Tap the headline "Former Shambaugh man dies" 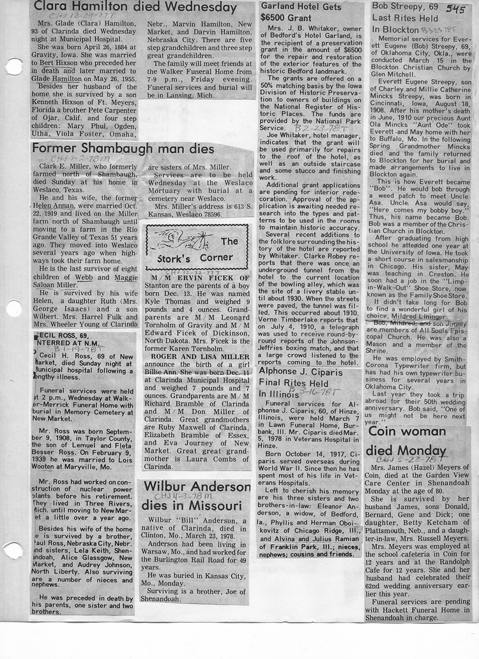click(x=123, y=149)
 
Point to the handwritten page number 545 click(x=455, y=9)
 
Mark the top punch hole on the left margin click(x=13, y=66)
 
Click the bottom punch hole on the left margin click(x=13, y=550)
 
